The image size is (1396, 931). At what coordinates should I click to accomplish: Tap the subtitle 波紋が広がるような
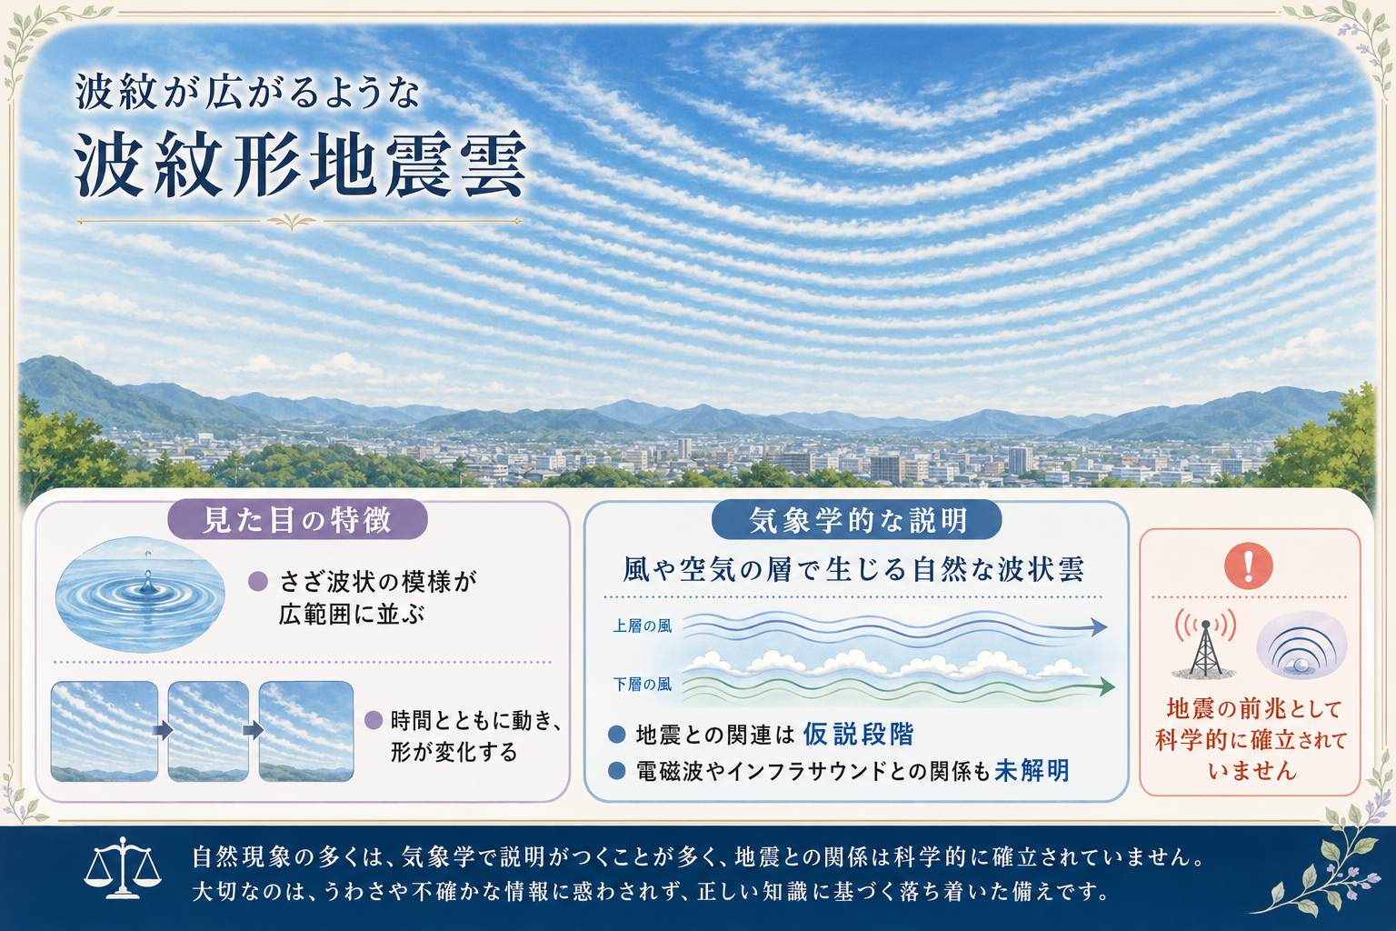pos(247,93)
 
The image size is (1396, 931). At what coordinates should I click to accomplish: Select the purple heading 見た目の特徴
pos(297,519)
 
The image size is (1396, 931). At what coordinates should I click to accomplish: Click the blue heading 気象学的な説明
pos(858,519)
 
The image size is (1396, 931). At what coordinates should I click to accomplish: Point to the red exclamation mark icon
pos(1248,566)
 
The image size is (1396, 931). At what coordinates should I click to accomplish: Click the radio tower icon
pos(1205,642)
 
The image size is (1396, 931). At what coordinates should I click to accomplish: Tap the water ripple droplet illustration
pos(140,594)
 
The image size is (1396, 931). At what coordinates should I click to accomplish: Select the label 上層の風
pos(643,626)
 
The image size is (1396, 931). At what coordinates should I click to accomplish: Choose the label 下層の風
pos(643,685)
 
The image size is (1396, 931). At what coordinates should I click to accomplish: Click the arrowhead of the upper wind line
pos(1099,626)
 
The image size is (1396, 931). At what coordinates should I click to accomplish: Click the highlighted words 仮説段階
pos(858,734)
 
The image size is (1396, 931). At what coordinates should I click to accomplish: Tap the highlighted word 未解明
pos(1032,771)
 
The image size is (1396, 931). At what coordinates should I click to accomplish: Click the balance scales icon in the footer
pos(123,868)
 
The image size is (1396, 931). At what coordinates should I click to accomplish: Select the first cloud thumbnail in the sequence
pos(105,731)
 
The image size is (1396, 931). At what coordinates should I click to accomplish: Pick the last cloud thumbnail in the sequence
pos(306,731)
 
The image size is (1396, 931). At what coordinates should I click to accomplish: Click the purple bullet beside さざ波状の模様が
pos(258,582)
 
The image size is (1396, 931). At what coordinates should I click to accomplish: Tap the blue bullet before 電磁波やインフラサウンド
pos(616,771)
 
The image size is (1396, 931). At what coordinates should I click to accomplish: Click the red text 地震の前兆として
pos(1254,709)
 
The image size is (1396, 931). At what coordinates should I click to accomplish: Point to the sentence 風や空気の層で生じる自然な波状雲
pos(853,569)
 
